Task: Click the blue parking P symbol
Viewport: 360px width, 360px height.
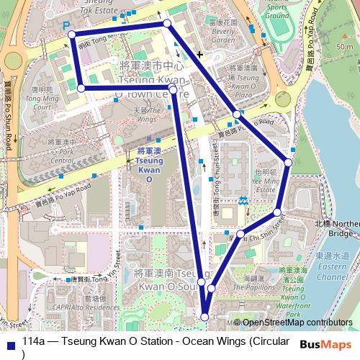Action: click(x=68, y=24)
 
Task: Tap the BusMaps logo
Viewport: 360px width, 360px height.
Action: click(x=327, y=345)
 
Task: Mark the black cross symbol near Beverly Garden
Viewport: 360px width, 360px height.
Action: click(x=199, y=54)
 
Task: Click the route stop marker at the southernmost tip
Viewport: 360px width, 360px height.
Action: click(x=204, y=316)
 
